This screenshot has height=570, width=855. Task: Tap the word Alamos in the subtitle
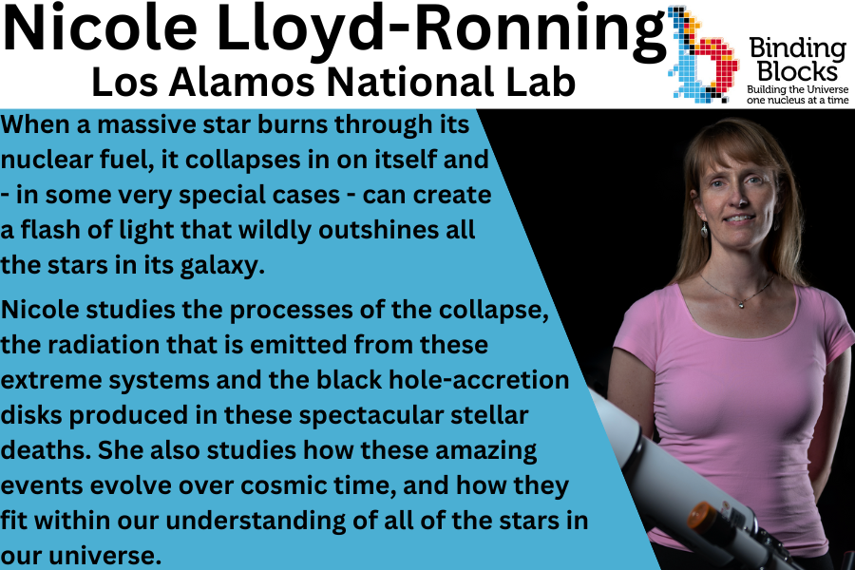pyautogui.click(x=241, y=83)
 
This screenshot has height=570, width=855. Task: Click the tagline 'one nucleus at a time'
pyautogui.click(x=796, y=99)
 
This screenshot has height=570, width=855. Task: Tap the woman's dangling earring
pyautogui.click(x=704, y=229)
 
